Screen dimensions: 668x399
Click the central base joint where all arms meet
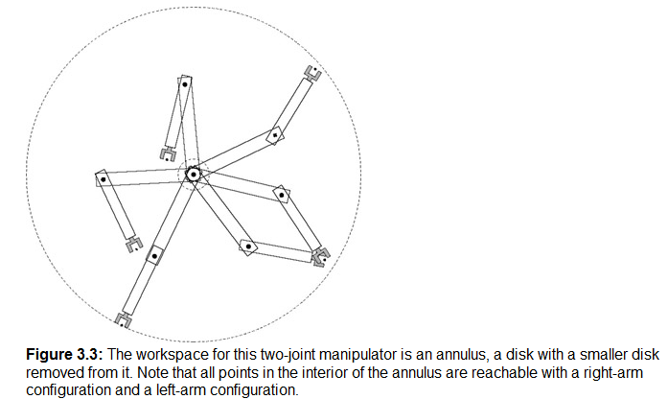pos(193,175)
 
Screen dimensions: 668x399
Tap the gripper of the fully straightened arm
pos(123,320)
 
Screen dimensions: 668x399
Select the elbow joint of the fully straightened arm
pos(154,256)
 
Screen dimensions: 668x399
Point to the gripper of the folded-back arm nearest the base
pos(168,154)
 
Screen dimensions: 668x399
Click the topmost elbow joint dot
pos(185,84)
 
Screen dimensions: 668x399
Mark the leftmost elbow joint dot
pos(104,179)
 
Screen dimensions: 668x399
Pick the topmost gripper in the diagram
pos(313,73)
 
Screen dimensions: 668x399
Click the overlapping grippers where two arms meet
pos(320,257)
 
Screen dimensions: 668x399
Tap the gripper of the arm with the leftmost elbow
pos(134,244)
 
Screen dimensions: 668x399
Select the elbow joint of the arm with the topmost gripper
pos(275,135)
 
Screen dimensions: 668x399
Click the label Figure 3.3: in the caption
pos(65,355)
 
